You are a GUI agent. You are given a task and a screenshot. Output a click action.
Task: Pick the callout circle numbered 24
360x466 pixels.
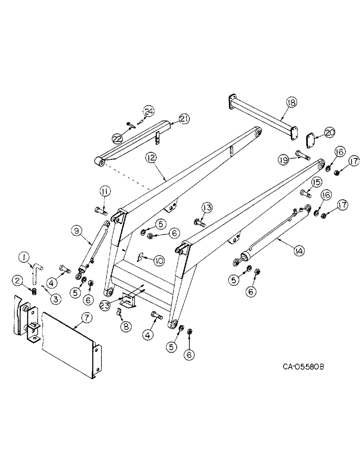tap(148, 111)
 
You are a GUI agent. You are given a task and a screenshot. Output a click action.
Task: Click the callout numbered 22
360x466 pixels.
tap(118, 138)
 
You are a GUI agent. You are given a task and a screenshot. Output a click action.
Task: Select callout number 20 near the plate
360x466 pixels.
tap(330, 133)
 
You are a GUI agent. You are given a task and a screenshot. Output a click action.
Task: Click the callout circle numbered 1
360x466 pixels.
tap(24, 256)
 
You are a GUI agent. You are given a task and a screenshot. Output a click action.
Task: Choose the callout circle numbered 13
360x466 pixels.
tap(207, 207)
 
